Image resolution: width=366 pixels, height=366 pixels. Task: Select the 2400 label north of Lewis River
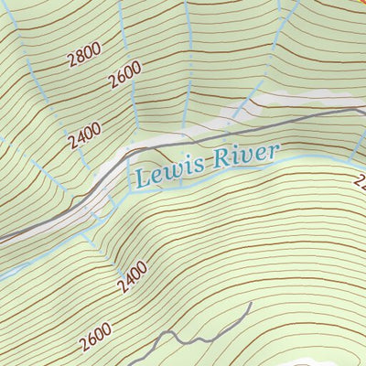[x=84, y=136]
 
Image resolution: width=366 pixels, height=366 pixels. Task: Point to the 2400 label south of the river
[x=133, y=277]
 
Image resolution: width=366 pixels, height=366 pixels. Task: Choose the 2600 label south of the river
[x=95, y=337]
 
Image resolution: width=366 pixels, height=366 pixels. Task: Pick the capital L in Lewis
[x=142, y=176]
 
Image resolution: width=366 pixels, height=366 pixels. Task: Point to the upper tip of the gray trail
[x=250, y=303]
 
